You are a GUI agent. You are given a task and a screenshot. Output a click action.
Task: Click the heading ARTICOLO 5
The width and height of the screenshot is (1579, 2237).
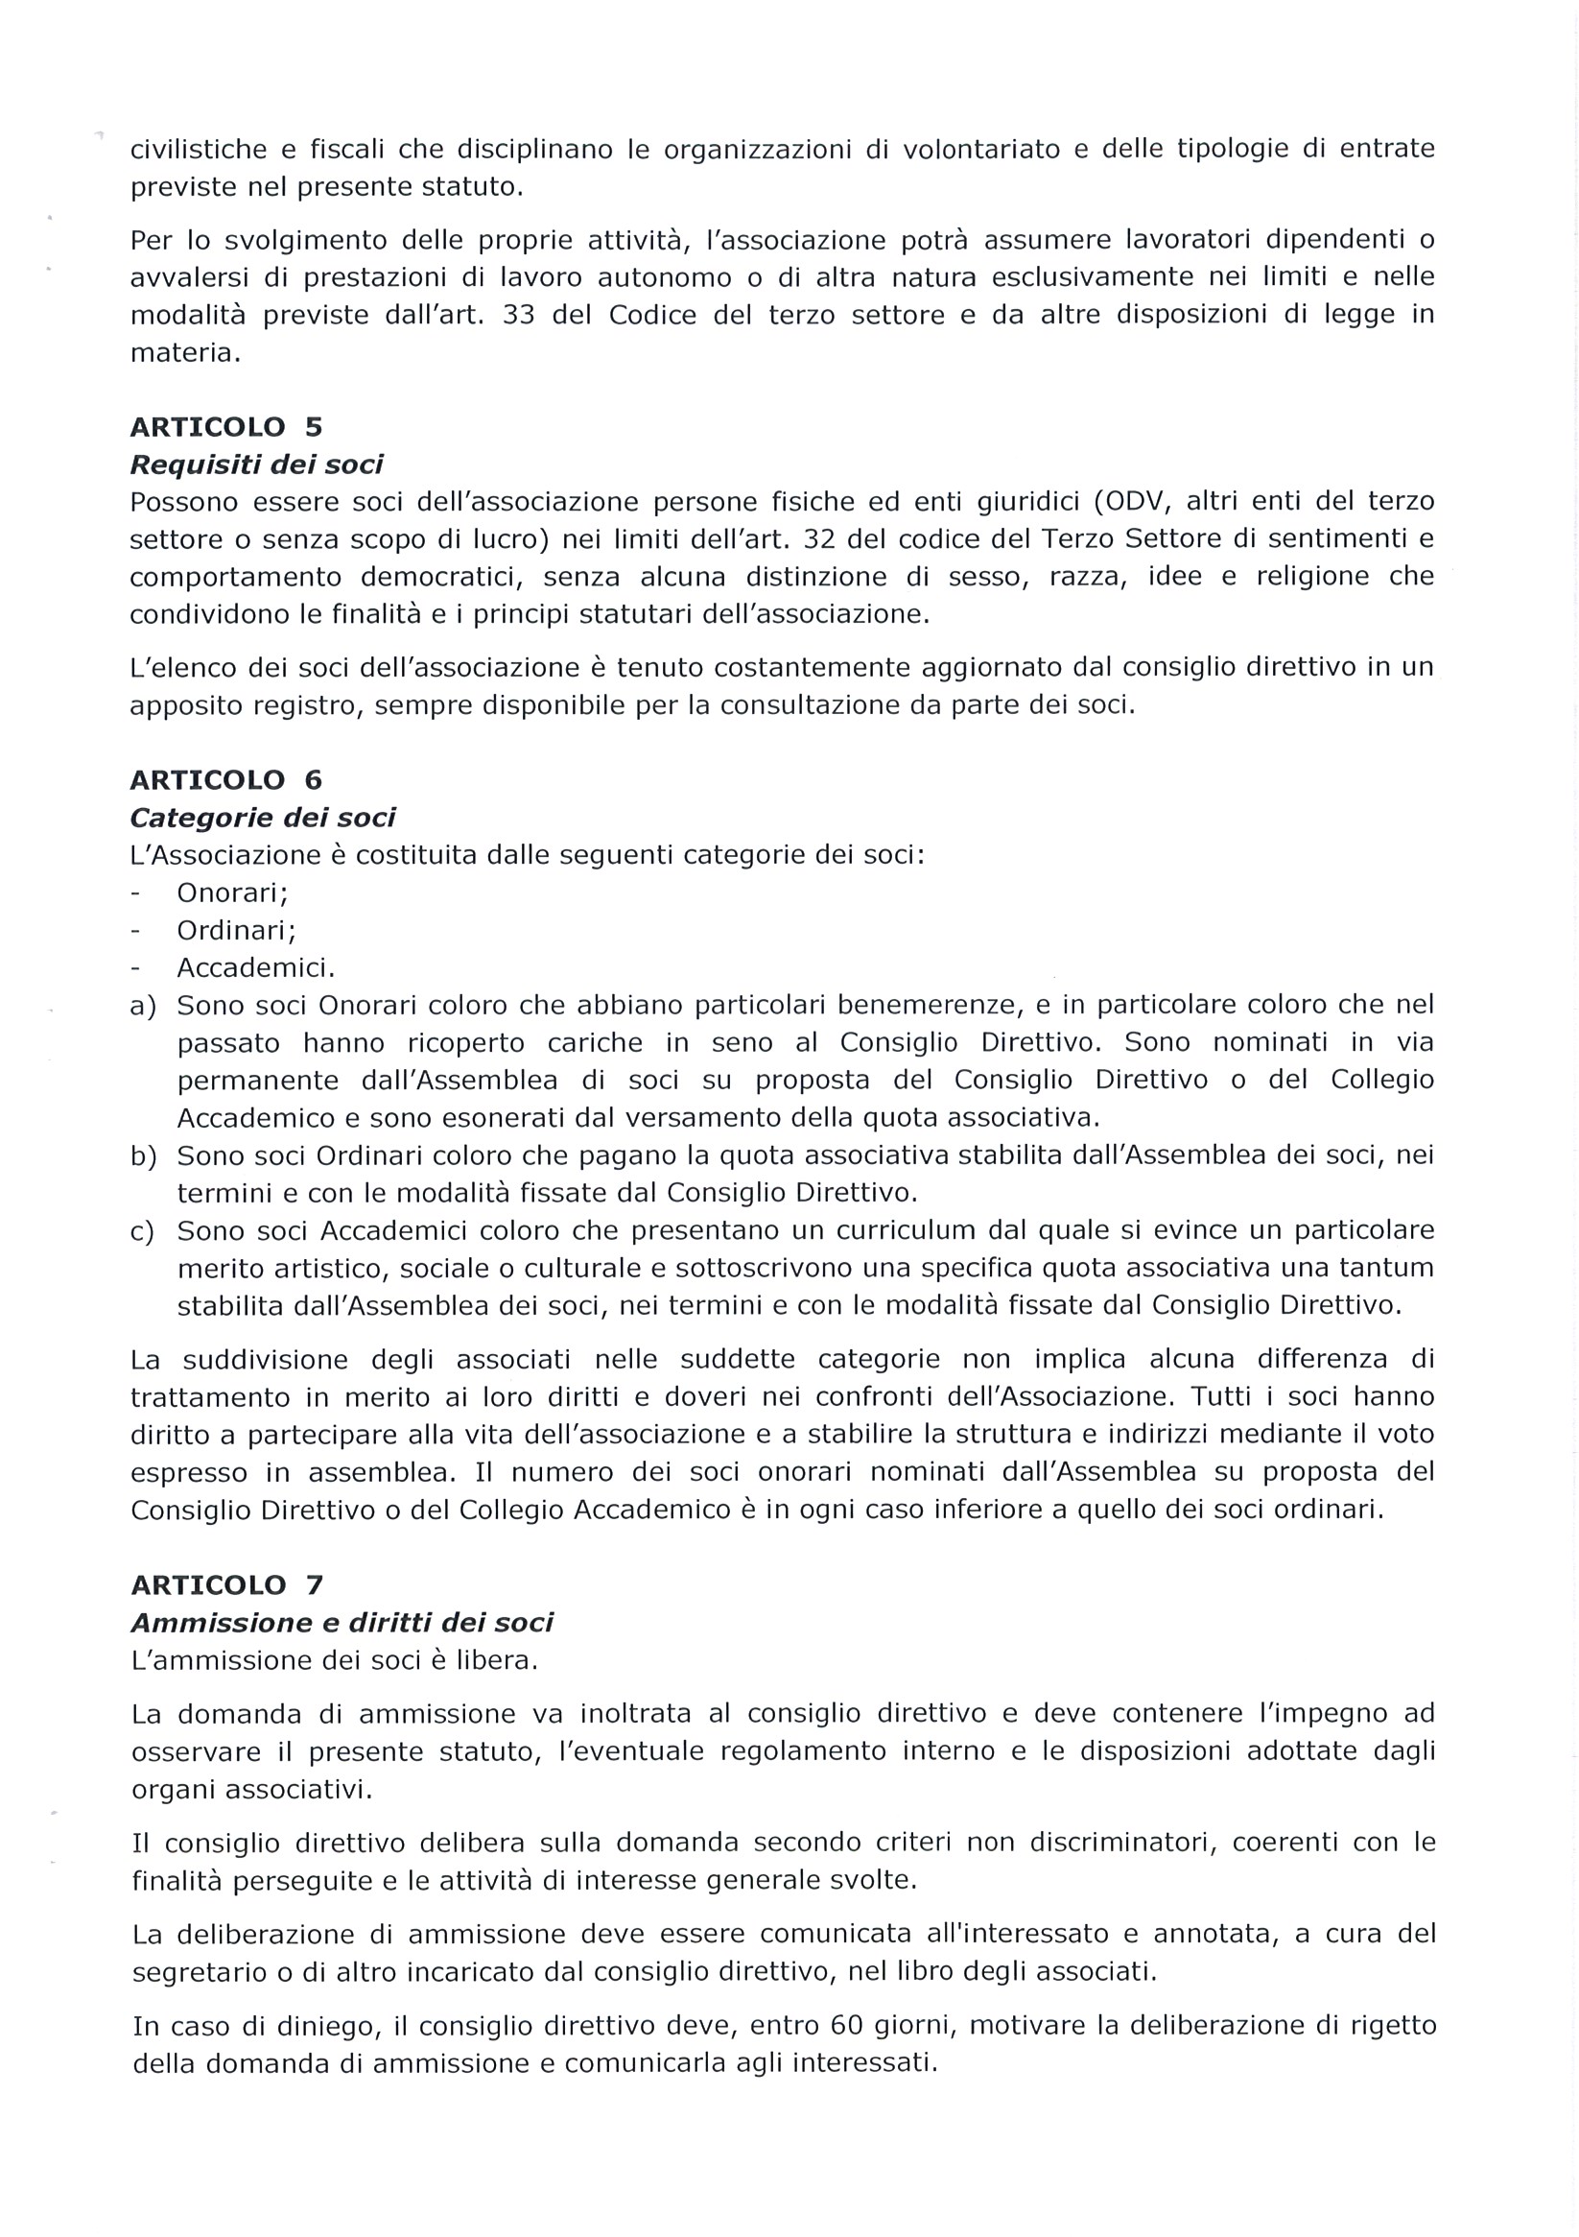(x=226, y=427)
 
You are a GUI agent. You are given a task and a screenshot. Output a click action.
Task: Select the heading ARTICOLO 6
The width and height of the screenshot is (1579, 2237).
(x=226, y=779)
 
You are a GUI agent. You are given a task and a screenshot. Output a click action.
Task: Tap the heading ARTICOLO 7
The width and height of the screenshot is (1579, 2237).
(x=226, y=1585)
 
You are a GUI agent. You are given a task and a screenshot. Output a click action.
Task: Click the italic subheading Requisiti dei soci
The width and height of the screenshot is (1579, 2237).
(x=257, y=464)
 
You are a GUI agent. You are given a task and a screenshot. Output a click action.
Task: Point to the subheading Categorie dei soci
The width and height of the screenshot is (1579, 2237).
(x=263, y=818)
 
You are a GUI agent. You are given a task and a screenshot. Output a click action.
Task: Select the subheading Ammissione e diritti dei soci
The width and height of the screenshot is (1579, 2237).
(x=342, y=1623)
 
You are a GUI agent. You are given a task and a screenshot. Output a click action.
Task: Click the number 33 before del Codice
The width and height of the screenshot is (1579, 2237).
(x=519, y=316)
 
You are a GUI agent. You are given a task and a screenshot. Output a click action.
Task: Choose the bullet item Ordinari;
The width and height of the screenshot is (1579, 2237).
(x=236, y=931)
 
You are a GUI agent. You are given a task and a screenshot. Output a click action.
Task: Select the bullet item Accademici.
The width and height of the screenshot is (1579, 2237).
(x=255, y=968)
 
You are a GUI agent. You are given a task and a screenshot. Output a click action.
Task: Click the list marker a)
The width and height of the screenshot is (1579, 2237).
(x=143, y=1006)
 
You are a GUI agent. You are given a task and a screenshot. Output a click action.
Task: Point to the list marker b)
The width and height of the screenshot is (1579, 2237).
(x=143, y=1156)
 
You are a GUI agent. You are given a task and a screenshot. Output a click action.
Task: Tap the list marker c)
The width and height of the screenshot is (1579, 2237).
(x=143, y=1231)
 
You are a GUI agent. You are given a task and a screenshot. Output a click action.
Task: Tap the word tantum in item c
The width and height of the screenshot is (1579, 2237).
(x=1388, y=1268)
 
